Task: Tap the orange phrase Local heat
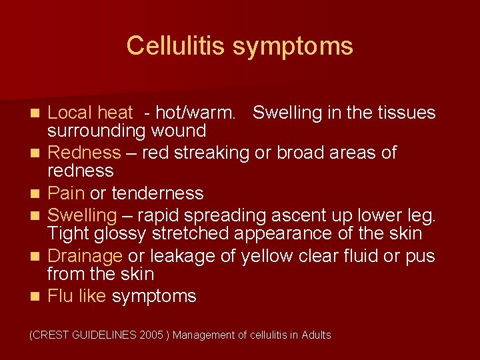(91, 113)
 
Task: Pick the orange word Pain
(67, 193)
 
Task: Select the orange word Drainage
(85, 256)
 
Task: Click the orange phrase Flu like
(77, 296)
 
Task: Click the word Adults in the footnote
(315, 335)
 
